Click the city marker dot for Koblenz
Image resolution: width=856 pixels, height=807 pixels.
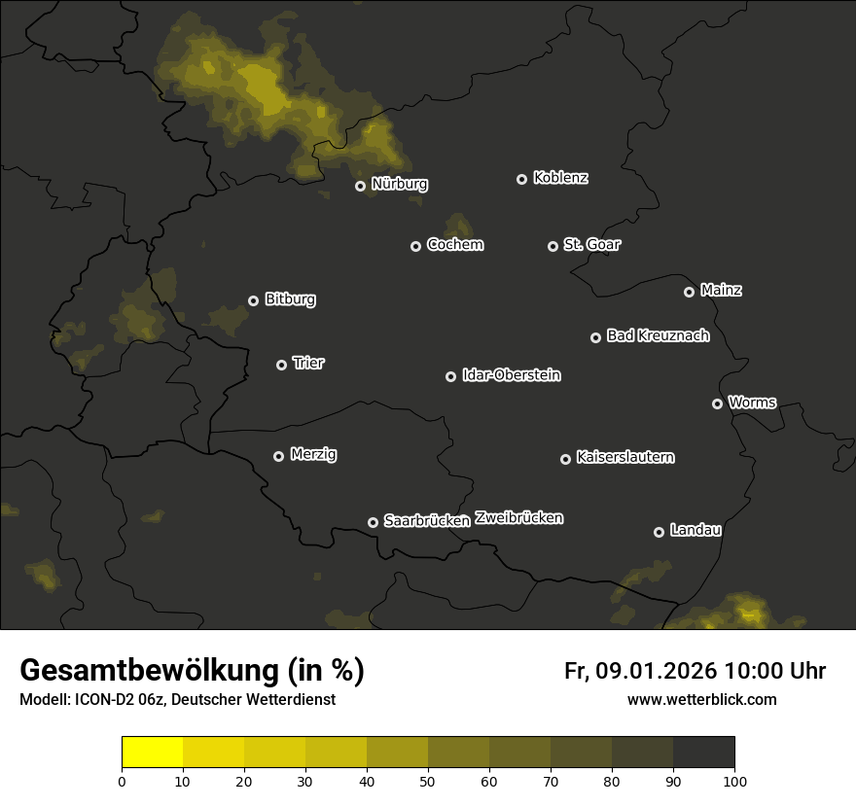tap(521, 179)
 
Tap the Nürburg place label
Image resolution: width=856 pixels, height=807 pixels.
tap(399, 184)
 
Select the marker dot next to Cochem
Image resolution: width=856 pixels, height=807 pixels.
tap(415, 246)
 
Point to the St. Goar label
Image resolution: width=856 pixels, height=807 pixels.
tap(591, 244)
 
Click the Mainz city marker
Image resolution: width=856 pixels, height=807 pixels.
tap(689, 292)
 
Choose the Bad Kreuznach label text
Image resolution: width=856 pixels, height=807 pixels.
tap(658, 335)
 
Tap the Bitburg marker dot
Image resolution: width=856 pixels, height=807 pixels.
tap(253, 300)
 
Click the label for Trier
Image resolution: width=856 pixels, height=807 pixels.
tap(308, 363)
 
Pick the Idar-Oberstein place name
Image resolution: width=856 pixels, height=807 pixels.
tap(511, 374)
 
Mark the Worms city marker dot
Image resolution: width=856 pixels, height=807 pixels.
tap(717, 403)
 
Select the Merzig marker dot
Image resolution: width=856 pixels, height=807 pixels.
tap(278, 456)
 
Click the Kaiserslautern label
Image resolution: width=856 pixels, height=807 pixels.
tap(624, 457)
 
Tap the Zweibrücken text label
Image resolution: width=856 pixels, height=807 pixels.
tap(518, 518)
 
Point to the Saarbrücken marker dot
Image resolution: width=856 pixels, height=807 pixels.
tap(373, 522)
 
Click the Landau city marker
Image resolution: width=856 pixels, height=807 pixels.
tap(659, 532)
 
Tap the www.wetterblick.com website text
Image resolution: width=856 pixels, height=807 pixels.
tap(702, 699)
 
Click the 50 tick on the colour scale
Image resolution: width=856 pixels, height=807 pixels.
tap(428, 780)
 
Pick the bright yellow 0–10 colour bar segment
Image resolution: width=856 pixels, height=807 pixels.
tap(153, 753)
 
